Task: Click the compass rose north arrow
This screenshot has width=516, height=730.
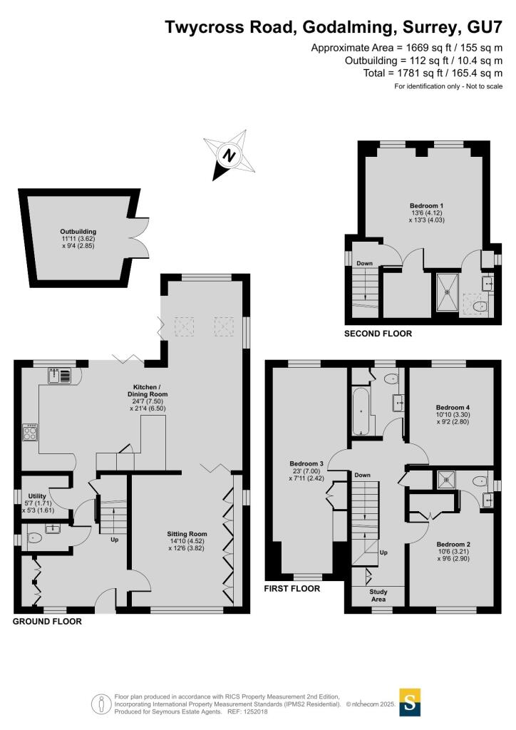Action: (229, 155)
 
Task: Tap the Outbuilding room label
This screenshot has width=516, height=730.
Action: (78, 232)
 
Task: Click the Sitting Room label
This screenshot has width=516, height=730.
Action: (187, 533)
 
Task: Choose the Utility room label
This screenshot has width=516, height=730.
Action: (37, 495)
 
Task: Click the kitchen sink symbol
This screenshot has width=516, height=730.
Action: (60, 375)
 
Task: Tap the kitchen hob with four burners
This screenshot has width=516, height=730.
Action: (31, 432)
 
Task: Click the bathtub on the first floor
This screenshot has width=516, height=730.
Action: (361, 412)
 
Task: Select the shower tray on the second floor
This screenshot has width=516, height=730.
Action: (448, 287)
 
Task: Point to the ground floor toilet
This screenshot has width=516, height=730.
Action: (34, 539)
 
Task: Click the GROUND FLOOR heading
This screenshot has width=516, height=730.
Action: (48, 622)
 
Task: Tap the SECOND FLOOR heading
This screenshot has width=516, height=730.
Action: (378, 333)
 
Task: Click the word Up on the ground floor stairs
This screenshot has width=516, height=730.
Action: (114, 539)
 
